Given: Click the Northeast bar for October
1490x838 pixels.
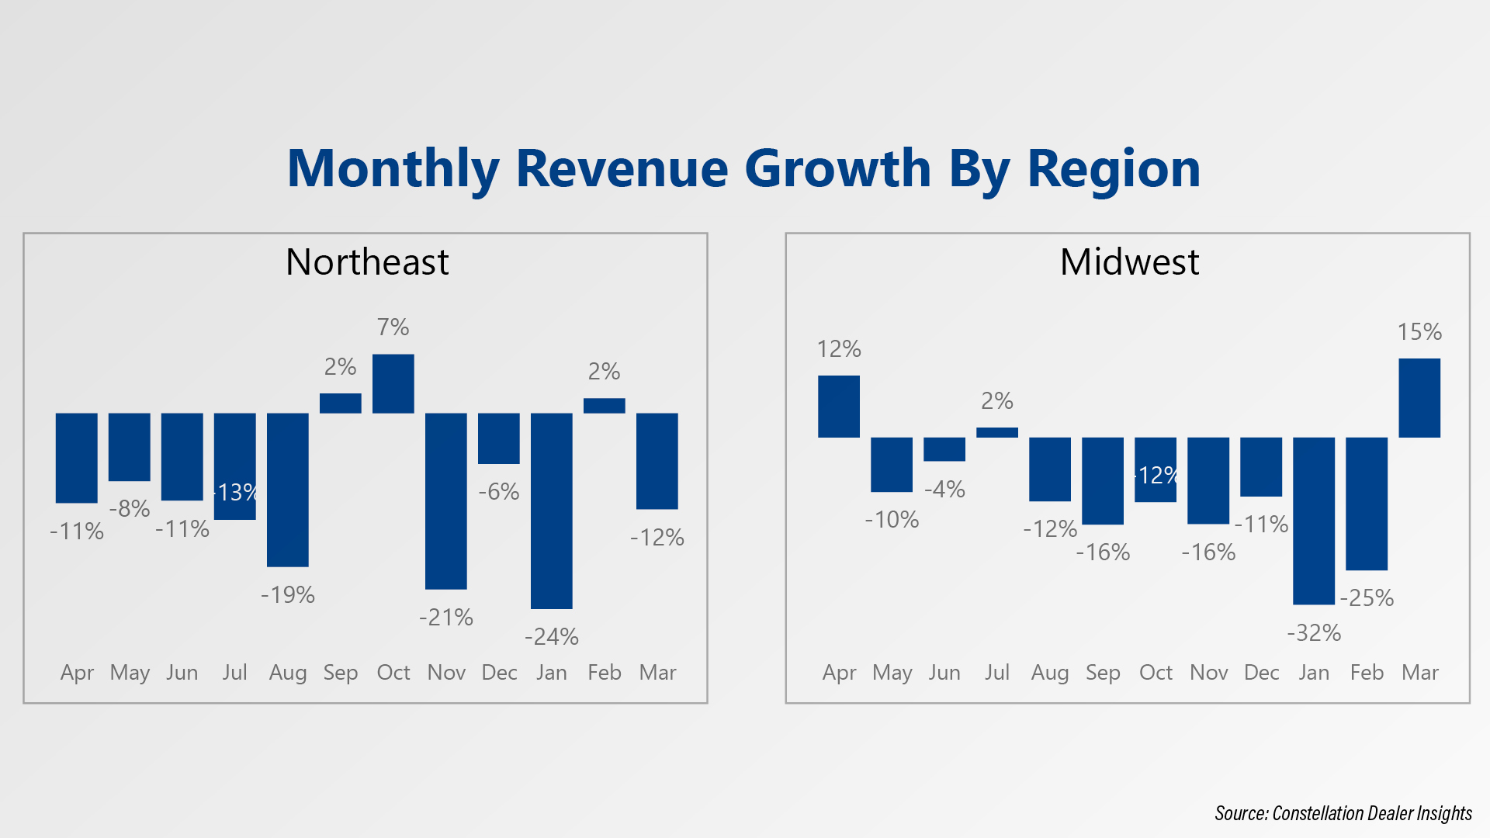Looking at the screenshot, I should point(393,383).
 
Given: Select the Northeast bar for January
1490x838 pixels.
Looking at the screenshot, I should point(552,511).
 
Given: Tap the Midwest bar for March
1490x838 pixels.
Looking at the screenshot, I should point(1419,398).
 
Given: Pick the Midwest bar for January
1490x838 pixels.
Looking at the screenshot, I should point(1314,521).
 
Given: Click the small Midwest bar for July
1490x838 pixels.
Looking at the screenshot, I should point(997,432).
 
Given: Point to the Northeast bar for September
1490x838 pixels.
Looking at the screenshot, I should point(341,403).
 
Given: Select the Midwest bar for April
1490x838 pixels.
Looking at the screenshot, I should point(839,407).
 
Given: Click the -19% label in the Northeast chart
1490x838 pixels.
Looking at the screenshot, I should point(288,595).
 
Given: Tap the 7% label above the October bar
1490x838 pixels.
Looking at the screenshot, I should point(393,327).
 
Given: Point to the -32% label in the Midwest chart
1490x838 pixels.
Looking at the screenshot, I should point(1314,633).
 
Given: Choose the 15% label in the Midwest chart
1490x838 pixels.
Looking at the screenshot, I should point(1419,332).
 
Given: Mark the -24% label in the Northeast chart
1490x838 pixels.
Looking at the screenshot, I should point(552,637).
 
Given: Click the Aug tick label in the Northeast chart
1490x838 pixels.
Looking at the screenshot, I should point(288,673).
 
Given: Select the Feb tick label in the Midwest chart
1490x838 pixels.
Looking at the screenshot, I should point(1367,673).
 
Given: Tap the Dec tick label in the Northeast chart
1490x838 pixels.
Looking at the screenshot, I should point(499,673).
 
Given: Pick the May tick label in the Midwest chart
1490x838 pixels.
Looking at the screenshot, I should point(892,673).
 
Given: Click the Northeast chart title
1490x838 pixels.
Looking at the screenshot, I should point(367,262).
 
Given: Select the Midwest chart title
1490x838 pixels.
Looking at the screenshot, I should point(1129,262).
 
